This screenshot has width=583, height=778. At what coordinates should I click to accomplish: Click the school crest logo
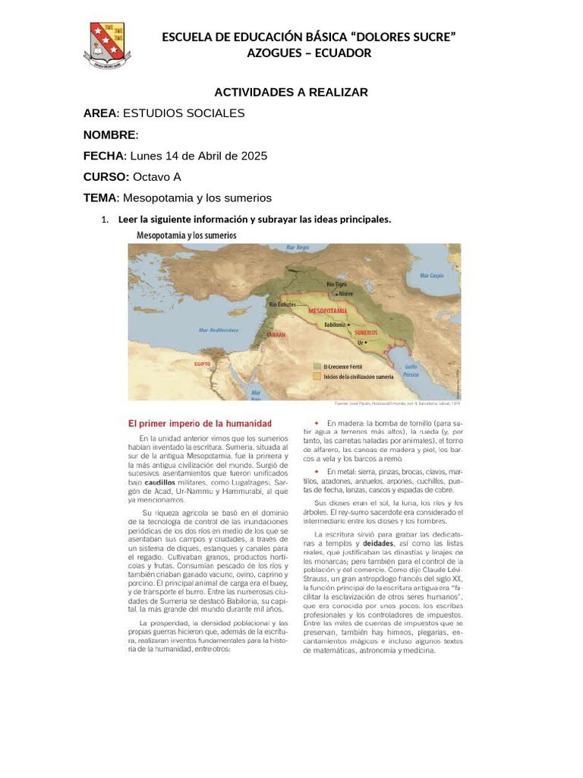(107, 46)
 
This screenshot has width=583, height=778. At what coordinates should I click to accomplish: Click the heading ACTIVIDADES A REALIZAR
(291, 92)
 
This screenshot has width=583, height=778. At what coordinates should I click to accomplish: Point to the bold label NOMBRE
(109, 134)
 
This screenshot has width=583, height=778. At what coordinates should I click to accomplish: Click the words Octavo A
(157, 177)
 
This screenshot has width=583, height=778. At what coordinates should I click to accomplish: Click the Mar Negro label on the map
(298, 248)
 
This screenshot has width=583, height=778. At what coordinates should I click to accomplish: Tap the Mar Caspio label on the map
(430, 277)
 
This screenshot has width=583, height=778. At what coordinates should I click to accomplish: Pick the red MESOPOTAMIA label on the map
(328, 312)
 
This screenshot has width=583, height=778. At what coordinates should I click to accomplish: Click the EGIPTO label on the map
(202, 364)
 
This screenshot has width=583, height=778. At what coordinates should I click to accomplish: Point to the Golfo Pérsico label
(431, 371)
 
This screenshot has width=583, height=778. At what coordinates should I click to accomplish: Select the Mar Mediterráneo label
(219, 330)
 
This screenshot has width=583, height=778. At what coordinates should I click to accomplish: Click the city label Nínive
(345, 293)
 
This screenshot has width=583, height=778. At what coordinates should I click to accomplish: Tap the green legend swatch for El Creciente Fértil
(317, 365)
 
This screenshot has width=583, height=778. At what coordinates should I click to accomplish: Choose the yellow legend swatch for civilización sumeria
(317, 375)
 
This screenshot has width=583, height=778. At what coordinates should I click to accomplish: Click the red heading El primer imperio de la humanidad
(199, 422)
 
